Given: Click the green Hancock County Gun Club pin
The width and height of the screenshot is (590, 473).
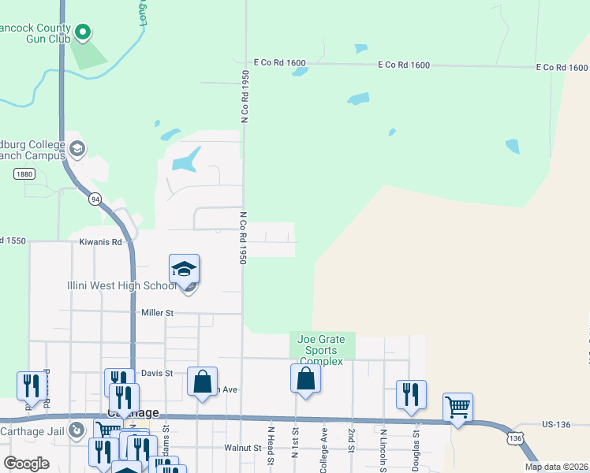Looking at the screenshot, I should pyautogui.click(x=83, y=32).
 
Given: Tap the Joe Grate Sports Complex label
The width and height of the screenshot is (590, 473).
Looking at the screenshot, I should pyautogui.click(x=321, y=350).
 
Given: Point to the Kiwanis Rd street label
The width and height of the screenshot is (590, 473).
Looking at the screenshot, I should pyautogui.click(x=100, y=242).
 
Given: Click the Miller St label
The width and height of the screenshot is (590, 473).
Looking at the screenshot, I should pyautogui.click(x=157, y=313).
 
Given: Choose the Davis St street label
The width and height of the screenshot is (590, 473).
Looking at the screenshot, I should pyautogui.click(x=156, y=373).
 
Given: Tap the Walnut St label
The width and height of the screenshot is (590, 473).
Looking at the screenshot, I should pyautogui.click(x=243, y=448).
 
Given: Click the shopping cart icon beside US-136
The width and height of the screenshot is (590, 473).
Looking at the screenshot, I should pyautogui.click(x=457, y=408).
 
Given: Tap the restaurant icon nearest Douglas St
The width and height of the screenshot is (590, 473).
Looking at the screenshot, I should pyautogui.click(x=411, y=395).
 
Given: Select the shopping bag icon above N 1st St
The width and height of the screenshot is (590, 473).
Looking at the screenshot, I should pyautogui.click(x=305, y=378).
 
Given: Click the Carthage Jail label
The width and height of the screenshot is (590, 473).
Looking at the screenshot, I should pyautogui.click(x=34, y=430).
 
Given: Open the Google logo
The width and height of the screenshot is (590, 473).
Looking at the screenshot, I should pyautogui.click(x=27, y=463).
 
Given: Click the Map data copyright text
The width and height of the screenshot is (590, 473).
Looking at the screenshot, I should pyautogui.click(x=557, y=467).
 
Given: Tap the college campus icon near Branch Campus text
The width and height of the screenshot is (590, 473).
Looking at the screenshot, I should pyautogui.click(x=77, y=148).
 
